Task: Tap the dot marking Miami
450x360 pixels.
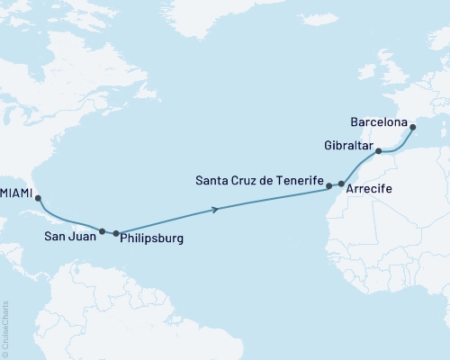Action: pos(38,200)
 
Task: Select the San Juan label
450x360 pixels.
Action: pos(67,238)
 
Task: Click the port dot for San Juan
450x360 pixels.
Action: pos(103,231)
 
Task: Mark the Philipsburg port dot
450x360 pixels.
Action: pos(116,233)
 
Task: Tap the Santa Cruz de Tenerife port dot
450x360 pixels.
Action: pos(329,185)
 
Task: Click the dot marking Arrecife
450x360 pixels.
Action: pos(341,184)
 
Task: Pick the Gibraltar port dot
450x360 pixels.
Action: pos(379,151)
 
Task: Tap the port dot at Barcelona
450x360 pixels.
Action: pos(413,127)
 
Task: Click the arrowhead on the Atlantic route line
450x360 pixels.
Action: pos(217,210)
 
